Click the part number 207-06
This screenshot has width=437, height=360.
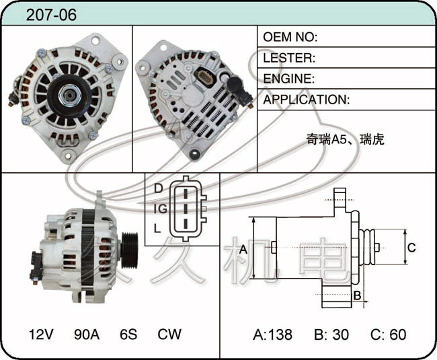pyautogui.click(x=51, y=15)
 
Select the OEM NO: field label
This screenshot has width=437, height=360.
pyautogui.click(x=290, y=37)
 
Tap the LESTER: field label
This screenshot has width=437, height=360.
pyautogui.click(x=289, y=58)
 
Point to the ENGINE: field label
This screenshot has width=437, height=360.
pyautogui.click(x=288, y=79)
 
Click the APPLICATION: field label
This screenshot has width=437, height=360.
pyautogui.click(x=307, y=100)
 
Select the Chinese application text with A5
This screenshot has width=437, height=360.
pyautogui.click(x=345, y=139)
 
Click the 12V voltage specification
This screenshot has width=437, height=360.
pyautogui.click(x=41, y=334)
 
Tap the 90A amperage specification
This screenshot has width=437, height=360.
pyautogui.click(x=87, y=334)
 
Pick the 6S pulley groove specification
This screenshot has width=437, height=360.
pyautogui.click(x=128, y=334)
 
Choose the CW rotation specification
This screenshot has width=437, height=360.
pyautogui.click(x=169, y=334)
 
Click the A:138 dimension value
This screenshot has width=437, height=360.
pyautogui.click(x=272, y=334)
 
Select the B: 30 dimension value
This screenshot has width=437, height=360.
pyautogui.click(x=331, y=334)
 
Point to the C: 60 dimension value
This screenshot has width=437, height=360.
pyautogui.click(x=388, y=334)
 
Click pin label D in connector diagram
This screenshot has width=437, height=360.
pyautogui.click(x=158, y=188)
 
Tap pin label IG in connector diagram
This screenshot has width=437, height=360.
pyautogui.click(x=161, y=209)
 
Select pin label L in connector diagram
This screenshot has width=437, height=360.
pyautogui.click(x=157, y=228)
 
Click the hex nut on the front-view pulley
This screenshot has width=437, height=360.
pyautogui.click(x=70, y=96)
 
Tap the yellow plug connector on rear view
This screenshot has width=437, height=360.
pyautogui.click(x=206, y=77)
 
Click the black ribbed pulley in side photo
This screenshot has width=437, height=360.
pyautogui.click(x=130, y=250)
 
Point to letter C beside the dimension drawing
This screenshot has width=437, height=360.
pyautogui.click(x=411, y=248)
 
